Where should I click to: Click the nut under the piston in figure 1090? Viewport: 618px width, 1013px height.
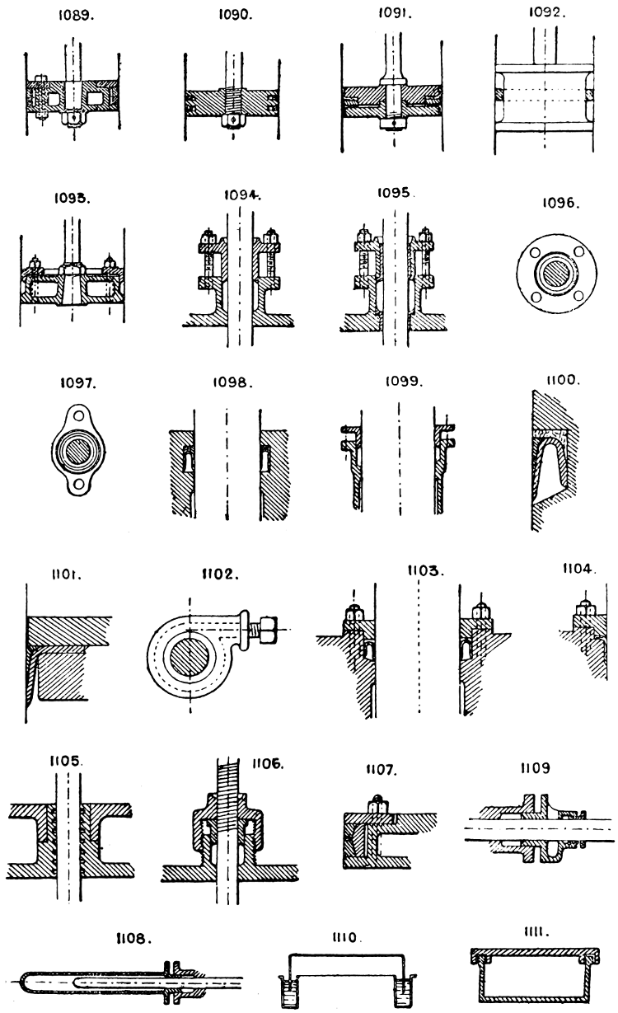pos(235,120)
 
